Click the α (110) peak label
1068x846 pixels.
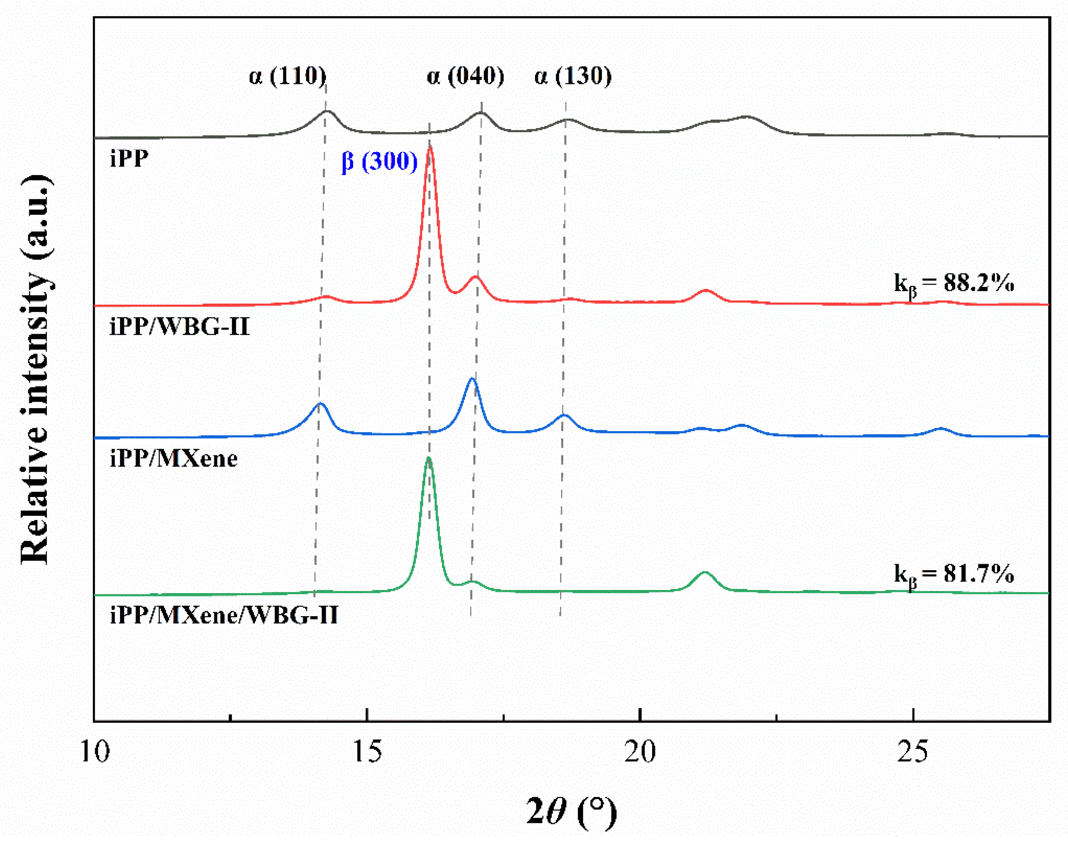click(x=287, y=76)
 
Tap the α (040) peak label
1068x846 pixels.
click(x=465, y=76)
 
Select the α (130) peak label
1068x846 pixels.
click(x=573, y=76)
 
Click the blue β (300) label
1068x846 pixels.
click(x=380, y=161)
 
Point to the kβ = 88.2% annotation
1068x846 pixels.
click(x=954, y=284)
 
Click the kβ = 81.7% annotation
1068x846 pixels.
click(x=954, y=574)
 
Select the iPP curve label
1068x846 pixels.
click(x=129, y=159)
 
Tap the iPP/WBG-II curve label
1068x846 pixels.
click(x=179, y=327)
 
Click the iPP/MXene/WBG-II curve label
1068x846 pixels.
click(x=224, y=615)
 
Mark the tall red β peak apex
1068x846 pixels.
click(x=430, y=146)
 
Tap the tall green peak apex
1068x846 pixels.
click(x=429, y=457)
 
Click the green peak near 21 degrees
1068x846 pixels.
click(x=705, y=572)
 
